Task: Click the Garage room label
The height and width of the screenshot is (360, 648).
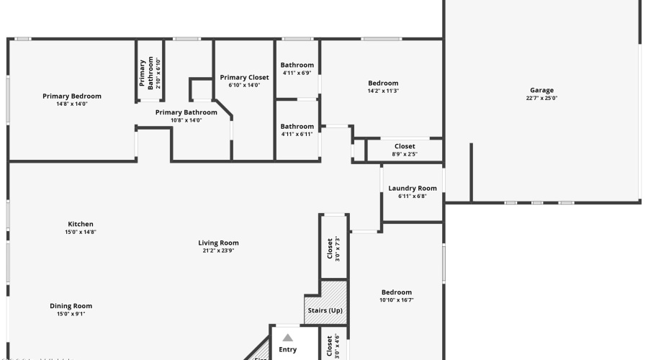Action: coord(542,90)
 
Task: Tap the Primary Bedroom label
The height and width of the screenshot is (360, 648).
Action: coord(72,96)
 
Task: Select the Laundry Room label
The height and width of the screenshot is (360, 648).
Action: coord(413,189)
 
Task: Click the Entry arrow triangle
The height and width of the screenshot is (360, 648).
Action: coord(287,337)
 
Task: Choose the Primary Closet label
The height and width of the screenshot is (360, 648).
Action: coord(244,77)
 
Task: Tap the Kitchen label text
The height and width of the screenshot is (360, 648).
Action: coord(81,224)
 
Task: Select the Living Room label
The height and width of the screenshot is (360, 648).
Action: coord(218,243)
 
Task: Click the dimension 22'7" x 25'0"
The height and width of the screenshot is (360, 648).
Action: coord(542,99)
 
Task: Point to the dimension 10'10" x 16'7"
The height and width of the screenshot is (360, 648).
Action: coord(397,300)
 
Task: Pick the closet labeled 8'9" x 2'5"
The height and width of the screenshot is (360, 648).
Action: coord(405,150)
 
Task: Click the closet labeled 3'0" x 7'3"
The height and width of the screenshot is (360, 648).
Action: coord(334,249)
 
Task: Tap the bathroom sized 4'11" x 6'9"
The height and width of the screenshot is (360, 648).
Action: coord(297,68)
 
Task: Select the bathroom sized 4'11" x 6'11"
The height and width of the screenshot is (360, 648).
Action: coord(297,130)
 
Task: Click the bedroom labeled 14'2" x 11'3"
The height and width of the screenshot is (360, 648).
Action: coord(383,87)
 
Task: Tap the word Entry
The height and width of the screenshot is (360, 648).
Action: coord(287,350)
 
